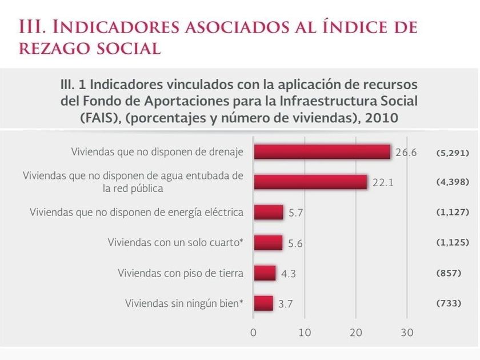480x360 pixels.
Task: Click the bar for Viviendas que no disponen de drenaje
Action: [322, 152]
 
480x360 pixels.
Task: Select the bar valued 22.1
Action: [310, 182]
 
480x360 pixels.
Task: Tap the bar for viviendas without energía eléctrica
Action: [268, 212]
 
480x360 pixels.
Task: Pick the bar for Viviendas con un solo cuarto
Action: [268, 242]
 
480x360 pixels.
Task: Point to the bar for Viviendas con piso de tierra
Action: [265, 273]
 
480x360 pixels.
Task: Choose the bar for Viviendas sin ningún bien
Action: [263, 303]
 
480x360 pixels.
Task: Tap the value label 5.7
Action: [295, 213]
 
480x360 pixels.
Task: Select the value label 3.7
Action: [285, 303]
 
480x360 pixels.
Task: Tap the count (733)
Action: [449, 303]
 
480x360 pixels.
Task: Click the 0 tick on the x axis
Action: [254, 332]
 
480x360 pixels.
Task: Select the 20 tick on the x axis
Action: [355, 332]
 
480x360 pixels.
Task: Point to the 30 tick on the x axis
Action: [406, 332]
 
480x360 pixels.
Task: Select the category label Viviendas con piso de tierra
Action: [181, 273]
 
